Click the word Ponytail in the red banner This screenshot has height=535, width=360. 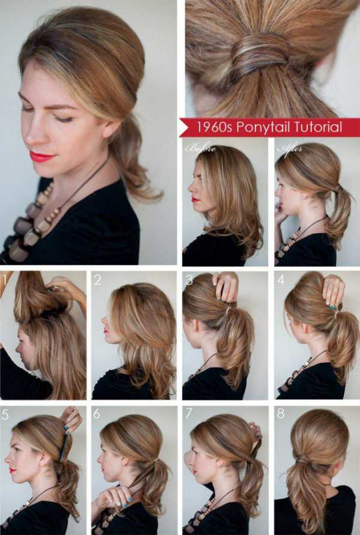pyautogui.click(x=263, y=127)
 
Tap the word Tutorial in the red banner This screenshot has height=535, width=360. pyautogui.click(x=318, y=127)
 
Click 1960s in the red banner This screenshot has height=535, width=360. pyautogui.click(x=214, y=127)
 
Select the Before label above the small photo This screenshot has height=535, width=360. pyautogui.click(x=201, y=148)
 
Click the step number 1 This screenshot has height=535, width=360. pyautogui.click(x=4, y=280)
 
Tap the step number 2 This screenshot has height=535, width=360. pyautogui.click(x=97, y=280)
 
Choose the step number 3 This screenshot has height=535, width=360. pyautogui.click(x=189, y=280)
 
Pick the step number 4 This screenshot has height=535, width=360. pyautogui.click(x=281, y=280)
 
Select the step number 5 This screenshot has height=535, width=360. pyautogui.click(x=5, y=414)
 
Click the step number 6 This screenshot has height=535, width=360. pyautogui.click(x=97, y=414)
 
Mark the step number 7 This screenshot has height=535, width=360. pyautogui.click(x=188, y=414)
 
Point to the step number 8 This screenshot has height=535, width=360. pyautogui.click(x=281, y=414)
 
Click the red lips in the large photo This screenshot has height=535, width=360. pyautogui.click(x=42, y=157)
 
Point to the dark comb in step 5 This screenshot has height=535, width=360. pyautogui.click(x=65, y=446)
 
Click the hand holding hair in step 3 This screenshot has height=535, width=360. pyautogui.click(x=226, y=286)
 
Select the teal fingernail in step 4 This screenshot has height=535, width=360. pyautogui.click(x=332, y=308)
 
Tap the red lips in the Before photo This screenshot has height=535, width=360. pyautogui.click(x=195, y=199)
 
